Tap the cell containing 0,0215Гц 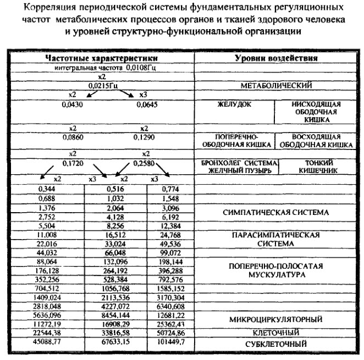tap(101, 86)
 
